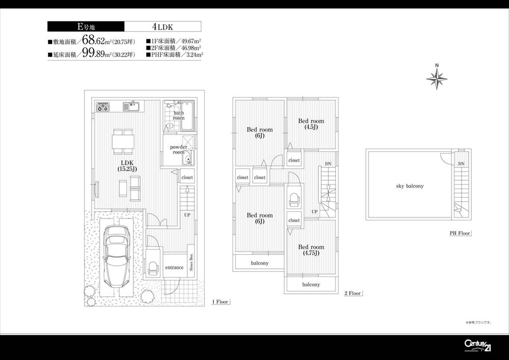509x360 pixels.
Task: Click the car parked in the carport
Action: [x=117, y=256]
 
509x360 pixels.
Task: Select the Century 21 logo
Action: [x=477, y=345]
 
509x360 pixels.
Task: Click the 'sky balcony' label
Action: [x=410, y=186]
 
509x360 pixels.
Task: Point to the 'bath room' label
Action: [x=179, y=116]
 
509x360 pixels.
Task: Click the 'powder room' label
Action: [x=178, y=150]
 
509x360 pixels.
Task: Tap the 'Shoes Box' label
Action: [x=191, y=263]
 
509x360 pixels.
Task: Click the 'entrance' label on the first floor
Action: [x=174, y=267]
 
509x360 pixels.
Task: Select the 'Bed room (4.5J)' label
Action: [x=311, y=124]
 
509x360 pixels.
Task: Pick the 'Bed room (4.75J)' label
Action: [x=310, y=250]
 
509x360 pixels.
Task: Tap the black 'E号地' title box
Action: [x=86, y=27]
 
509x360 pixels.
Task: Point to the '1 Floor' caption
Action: [x=220, y=302]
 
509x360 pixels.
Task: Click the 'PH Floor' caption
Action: [x=459, y=234]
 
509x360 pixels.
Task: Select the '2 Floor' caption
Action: [x=352, y=293]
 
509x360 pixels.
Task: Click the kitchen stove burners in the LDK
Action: [x=103, y=107]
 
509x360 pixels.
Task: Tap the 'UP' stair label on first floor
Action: [x=187, y=215]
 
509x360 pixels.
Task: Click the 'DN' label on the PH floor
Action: [x=461, y=164]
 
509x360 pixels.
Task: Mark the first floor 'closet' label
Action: [x=187, y=178]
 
